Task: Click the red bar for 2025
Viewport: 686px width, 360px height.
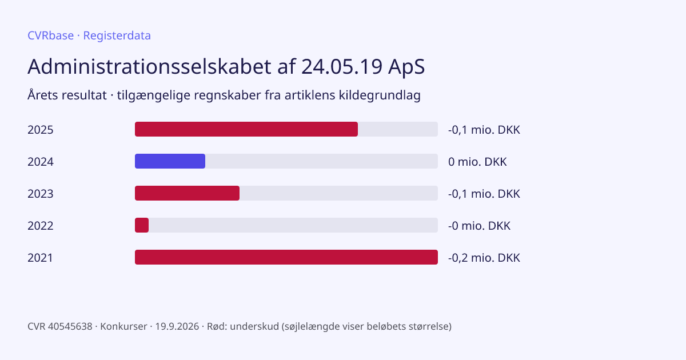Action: coord(246,129)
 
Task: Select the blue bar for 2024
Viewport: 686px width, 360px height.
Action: coord(170,161)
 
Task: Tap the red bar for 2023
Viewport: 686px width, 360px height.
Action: coord(187,193)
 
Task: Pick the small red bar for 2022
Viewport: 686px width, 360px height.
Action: coord(142,225)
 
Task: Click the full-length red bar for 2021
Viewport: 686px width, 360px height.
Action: coord(286,257)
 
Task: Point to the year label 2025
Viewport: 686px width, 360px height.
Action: coord(41,130)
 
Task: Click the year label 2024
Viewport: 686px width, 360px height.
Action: coord(41,162)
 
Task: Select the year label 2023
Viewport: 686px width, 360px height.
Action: coord(41,194)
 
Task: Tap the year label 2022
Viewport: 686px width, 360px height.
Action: coord(41,226)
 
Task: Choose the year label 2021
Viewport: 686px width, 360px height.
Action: coord(40,258)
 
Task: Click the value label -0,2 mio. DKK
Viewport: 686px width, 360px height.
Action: coord(484,258)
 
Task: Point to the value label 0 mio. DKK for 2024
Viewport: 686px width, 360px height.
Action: coord(477,162)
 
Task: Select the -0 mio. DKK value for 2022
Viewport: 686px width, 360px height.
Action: coord(479,226)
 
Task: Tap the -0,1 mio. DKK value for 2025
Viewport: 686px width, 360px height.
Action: coord(484,130)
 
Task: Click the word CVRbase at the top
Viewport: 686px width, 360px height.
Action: coord(50,35)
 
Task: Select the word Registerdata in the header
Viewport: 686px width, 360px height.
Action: coord(117,36)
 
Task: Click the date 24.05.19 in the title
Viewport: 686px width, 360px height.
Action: coord(342,66)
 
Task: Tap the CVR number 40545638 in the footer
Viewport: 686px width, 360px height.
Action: coord(70,326)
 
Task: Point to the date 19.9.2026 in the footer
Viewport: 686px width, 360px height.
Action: coord(177,326)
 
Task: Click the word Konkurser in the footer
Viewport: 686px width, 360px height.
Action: coord(123,326)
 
